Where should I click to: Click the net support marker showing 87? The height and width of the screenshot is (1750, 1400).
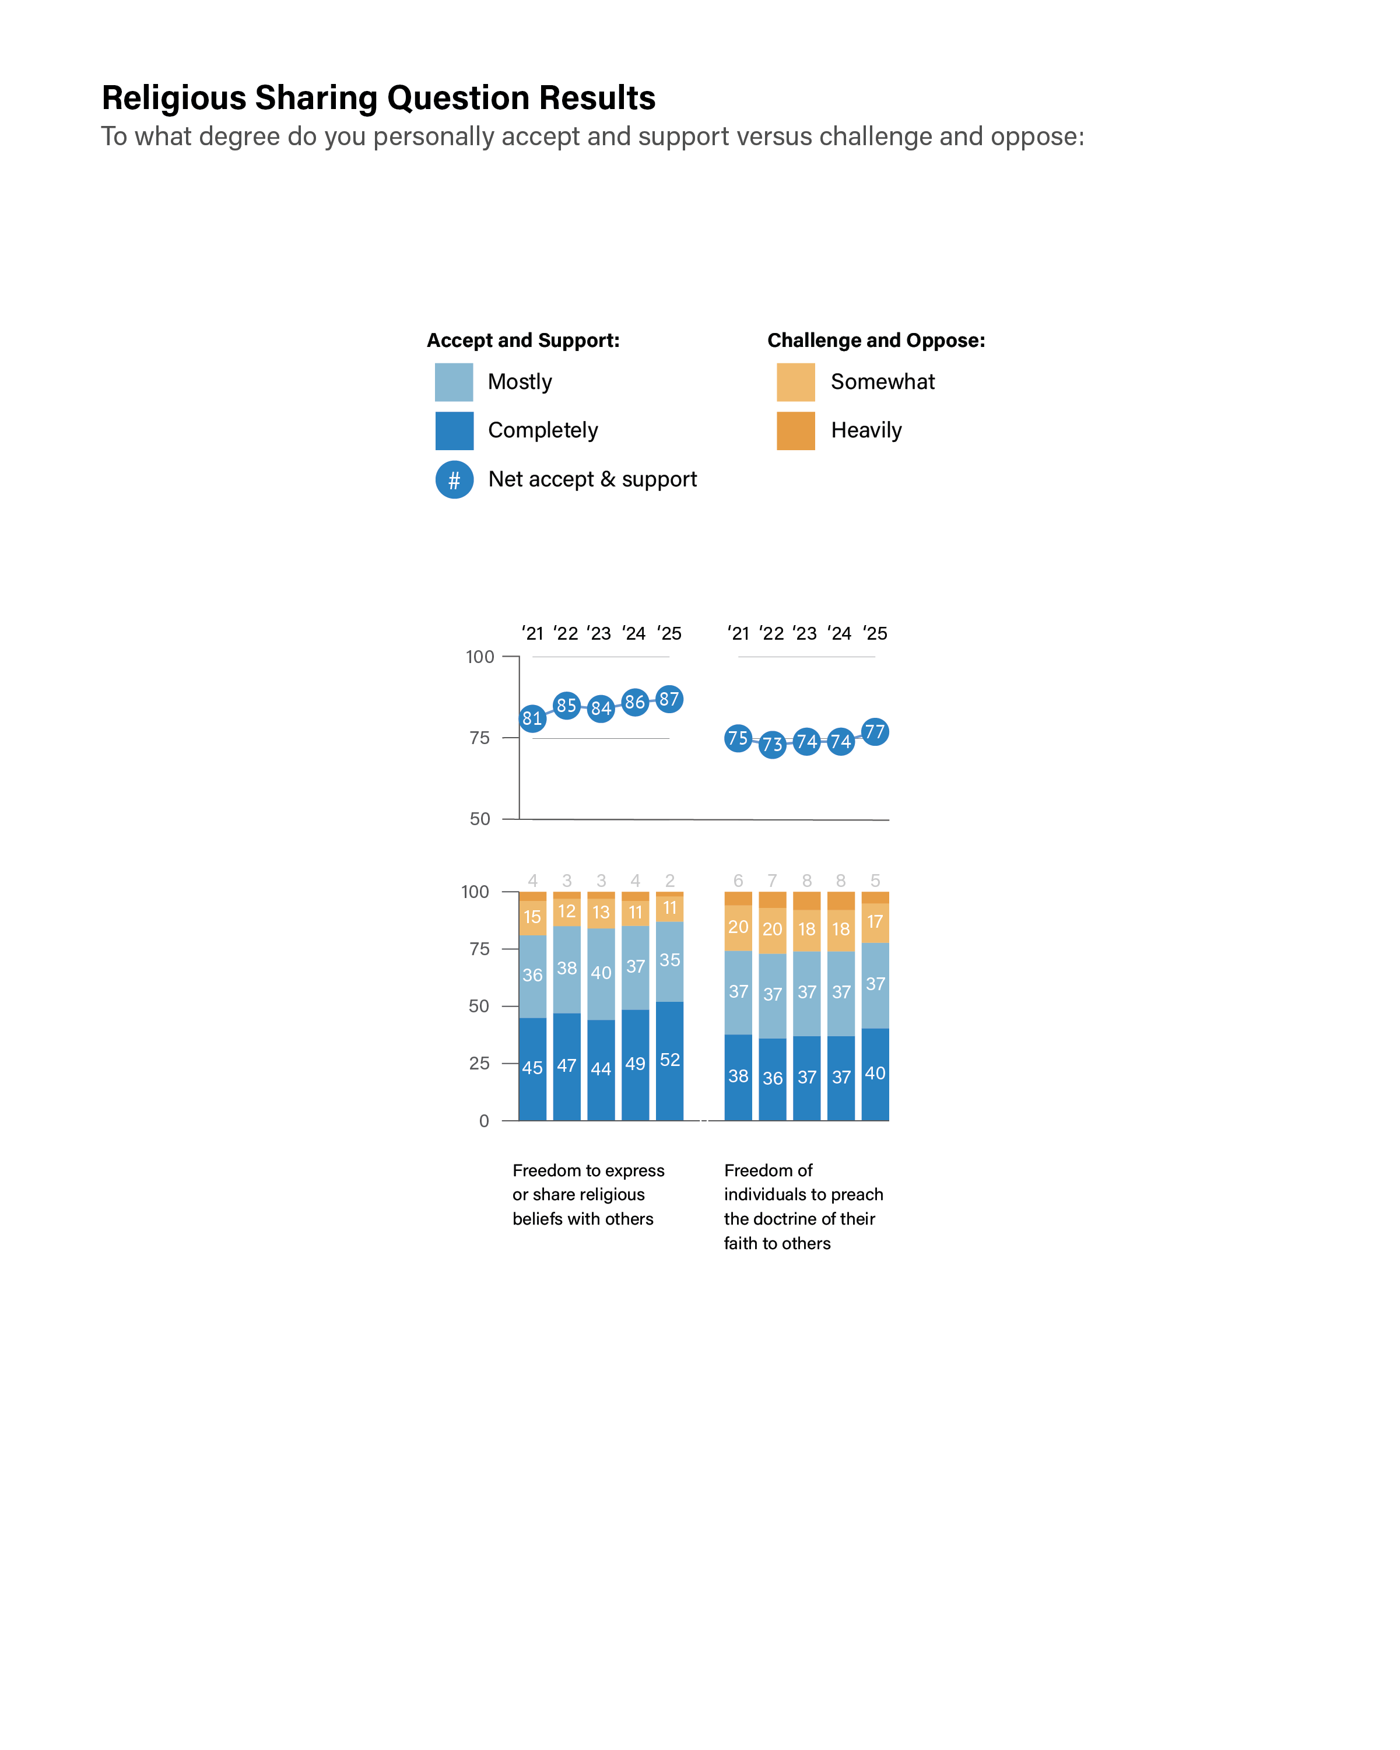tap(669, 699)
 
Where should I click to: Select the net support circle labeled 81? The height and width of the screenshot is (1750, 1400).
tap(532, 717)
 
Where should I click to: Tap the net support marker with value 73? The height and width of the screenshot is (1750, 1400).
tap(772, 744)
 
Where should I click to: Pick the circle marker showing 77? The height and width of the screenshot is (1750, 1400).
tap(875, 732)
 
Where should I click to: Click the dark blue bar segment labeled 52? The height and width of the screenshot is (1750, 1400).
tap(669, 1060)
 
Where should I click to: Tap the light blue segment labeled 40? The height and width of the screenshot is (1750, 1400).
tap(601, 973)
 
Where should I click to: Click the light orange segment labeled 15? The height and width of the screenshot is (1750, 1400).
tap(532, 917)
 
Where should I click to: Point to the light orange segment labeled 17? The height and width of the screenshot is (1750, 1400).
tap(875, 922)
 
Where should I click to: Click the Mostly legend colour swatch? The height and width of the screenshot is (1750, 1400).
tap(454, 383)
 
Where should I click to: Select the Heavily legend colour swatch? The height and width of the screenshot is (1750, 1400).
tap(795, 431)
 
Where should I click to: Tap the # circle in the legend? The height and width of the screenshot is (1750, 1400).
tap(454, 480)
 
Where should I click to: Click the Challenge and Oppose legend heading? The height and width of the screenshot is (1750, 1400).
tap(876, 340)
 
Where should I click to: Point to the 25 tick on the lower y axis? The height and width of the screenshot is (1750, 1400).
tap(480, 1063)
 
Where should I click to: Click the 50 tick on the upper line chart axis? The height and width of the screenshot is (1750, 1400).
tap(480, 819)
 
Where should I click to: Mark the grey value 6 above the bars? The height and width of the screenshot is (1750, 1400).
tap(738, 881)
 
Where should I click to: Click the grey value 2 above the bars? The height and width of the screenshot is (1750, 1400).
tap(669, 881)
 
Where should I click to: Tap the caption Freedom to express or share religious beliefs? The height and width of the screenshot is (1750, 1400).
tap(588, 1194)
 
